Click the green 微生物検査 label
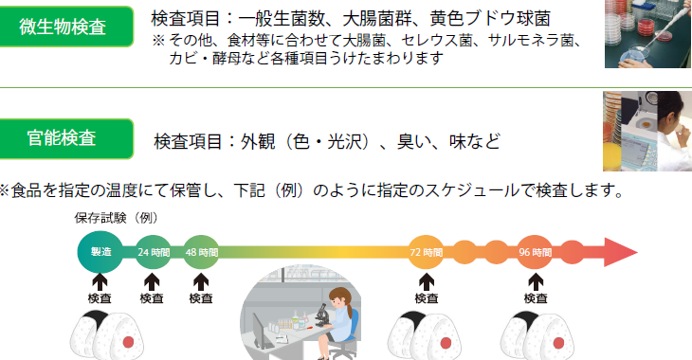pos(65,27)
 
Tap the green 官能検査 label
pos(65,138)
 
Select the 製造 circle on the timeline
pos(100,252)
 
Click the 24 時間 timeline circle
pos(154,252)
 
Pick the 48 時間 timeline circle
pos(201,252)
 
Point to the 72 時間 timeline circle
pos(426,252)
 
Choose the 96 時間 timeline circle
pos(535,252)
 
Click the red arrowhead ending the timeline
pos(620,252)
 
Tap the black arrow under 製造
pos(100,282)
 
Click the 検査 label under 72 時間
pos(427,298)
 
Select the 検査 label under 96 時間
pos(536,298)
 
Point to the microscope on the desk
pos(321,315)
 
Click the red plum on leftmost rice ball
pos(128,342)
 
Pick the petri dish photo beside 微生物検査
pos(647,34)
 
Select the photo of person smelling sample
pos(647,131)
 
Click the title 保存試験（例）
pos(116,218)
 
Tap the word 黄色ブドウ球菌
pos(490,19)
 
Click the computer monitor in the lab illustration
pos(260,330)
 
